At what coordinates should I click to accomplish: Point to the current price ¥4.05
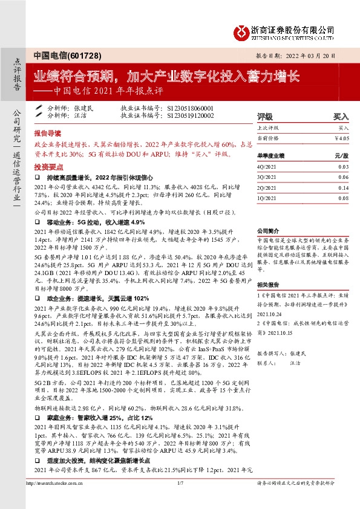(342, 138)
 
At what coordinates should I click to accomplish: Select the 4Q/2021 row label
(267, 167)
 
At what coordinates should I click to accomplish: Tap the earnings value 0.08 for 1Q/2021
(344, 198)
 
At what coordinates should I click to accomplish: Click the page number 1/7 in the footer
(180, 499)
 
